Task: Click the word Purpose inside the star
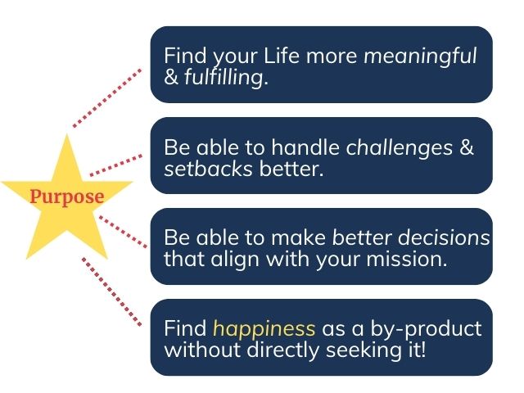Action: tap(67, 197)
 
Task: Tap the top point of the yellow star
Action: tap(67, 138)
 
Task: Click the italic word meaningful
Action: tap(419, 56)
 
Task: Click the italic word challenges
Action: tap(399, 148)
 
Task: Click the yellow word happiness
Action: tap(264, 329)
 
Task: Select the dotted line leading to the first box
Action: tap(106, 97)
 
